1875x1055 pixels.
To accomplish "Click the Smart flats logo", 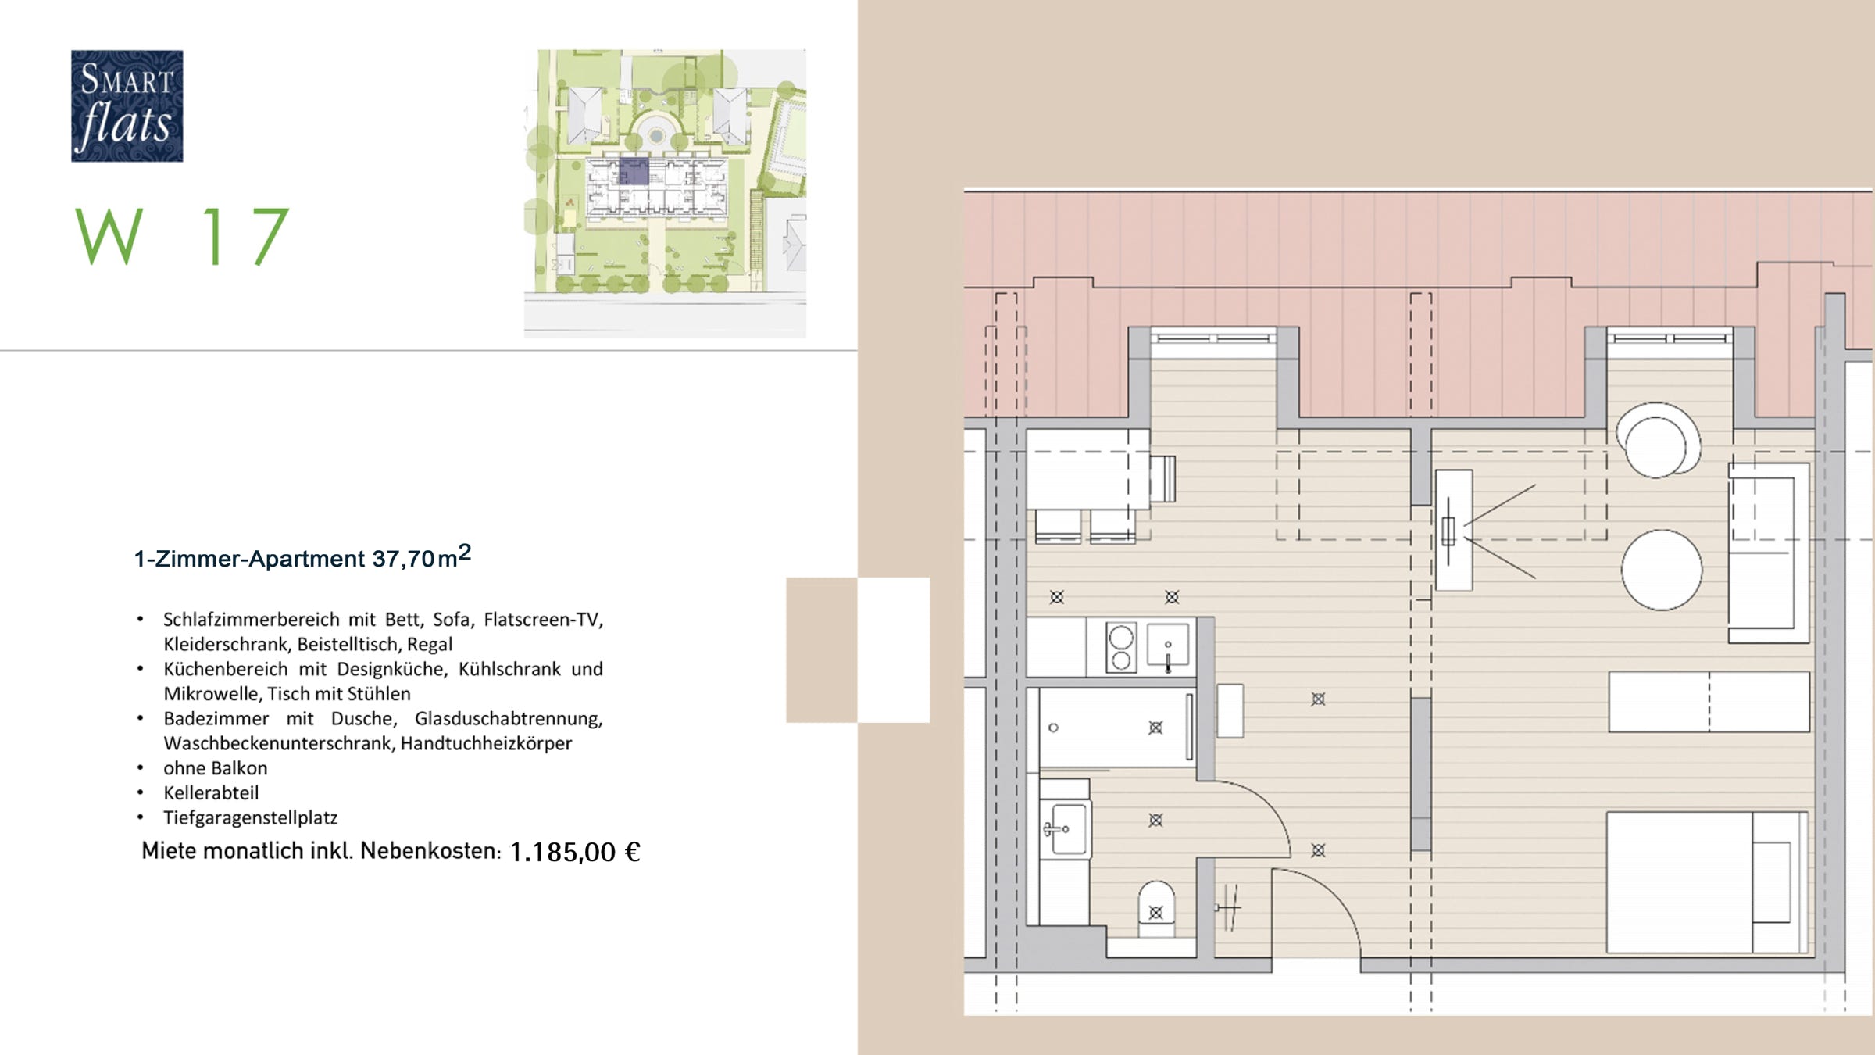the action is (127, 106).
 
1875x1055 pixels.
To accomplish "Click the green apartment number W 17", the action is (183, 236).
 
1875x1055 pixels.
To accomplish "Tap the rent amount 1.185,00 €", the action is (575, 852).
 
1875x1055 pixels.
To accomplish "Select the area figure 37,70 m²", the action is (422, 556).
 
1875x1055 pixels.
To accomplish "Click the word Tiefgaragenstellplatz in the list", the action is (250, 818).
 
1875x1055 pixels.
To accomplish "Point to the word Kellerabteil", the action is (211, 793).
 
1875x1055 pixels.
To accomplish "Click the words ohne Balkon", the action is (216, 768).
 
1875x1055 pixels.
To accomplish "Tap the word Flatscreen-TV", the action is (544, 620).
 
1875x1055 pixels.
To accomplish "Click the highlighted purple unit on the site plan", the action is (634, 171).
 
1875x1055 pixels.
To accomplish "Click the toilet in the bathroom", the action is (1156, 909).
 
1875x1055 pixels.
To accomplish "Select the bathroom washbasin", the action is (1066, 829).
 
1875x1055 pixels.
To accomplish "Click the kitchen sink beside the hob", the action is (1168, 646).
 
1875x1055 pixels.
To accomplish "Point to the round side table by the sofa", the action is (1662, 570).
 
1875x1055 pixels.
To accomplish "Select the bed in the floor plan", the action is (1708, 882).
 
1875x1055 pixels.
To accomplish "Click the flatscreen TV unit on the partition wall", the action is (1453, 530).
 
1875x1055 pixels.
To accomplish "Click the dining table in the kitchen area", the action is (1087, 470).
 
